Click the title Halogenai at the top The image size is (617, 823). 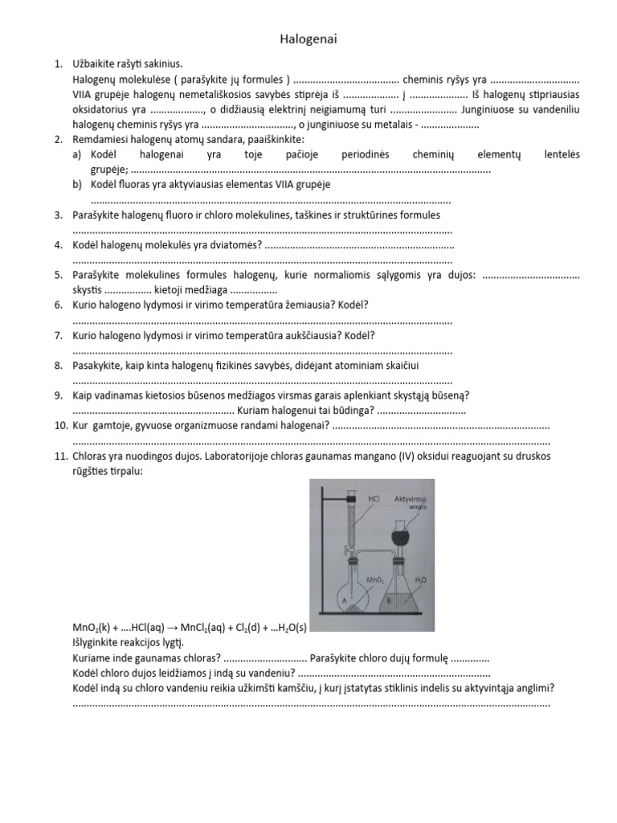[308, 39]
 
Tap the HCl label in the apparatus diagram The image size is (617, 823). [373, 499]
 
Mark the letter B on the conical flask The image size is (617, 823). [389, 599]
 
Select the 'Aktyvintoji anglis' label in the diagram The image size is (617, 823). [411, 503]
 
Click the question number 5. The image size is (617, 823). [59, 275]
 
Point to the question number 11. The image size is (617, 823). [60, 457]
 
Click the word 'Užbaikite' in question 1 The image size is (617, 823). [95, 63]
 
